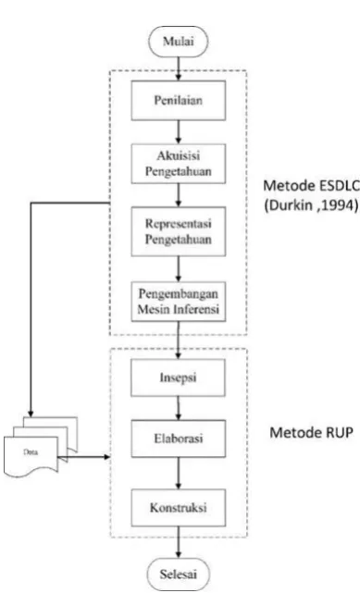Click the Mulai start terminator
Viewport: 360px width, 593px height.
[x=179, y=42]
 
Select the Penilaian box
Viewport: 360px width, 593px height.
[x=179, y=100]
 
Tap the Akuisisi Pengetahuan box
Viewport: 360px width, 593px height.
[x=179, y=164]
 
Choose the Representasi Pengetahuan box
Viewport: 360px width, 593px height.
[x=179, y=231]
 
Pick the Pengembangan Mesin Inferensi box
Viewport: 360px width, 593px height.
[x=179, y=302]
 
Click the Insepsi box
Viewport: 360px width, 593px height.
[x=178, y=377]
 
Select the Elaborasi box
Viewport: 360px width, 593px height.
[x=179, y=439]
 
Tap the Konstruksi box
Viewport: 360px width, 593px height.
[x=179, y=508]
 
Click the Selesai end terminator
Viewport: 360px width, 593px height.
[x=178, y=574]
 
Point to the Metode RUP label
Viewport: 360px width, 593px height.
[x=311, y=432]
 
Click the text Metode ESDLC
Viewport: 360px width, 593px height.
[x=311, y=185]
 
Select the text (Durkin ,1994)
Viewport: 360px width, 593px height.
[x=311, y=205]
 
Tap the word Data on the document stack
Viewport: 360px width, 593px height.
[x=31, y=452]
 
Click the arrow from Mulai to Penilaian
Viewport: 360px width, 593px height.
[x=179, y=68]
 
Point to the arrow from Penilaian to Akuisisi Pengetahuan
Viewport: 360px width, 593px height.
[x=179, y=132]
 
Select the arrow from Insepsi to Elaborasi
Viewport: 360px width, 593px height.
[x=179, y=408]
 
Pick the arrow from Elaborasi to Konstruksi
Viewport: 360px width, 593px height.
[x=179, y=473]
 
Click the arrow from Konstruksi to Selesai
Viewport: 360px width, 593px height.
[x=179, y=542]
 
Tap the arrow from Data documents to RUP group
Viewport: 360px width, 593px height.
[x=83, y=457]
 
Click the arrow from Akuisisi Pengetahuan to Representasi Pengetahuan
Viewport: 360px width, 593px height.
[x=179, y=195]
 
